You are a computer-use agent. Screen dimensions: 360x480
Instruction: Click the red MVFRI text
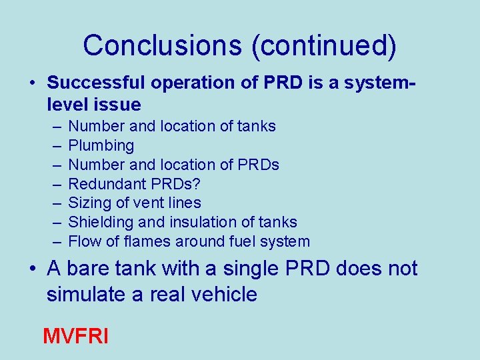point(75,335)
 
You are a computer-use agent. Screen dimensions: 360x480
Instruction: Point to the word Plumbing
point(101,145)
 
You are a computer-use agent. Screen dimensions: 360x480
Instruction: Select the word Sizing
point(89,203)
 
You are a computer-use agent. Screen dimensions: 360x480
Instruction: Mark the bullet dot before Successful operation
point(33,83)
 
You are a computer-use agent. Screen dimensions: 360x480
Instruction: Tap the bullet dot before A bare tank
point(33,269)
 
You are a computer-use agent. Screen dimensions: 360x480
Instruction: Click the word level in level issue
point(66,104)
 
